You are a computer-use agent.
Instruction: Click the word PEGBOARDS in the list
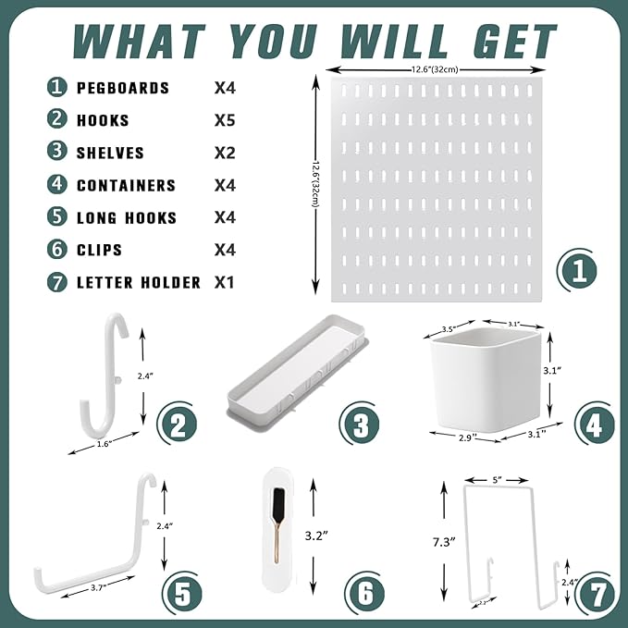123,88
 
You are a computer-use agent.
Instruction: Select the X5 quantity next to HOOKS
225,120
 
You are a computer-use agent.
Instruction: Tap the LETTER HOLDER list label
138,282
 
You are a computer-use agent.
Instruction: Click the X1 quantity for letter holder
224,282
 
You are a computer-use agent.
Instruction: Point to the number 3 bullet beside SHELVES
57,153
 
